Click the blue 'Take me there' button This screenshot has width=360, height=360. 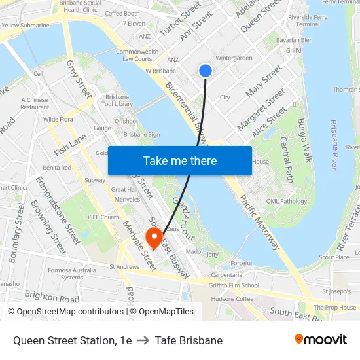click(x=180, y=160)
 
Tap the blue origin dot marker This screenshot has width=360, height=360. click(x=206, y=71)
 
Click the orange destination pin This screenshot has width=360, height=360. click(x=154, y=238)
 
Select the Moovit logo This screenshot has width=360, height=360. click(x=320, y=340)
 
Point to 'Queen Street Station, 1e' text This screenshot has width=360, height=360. click(x=73, y=340)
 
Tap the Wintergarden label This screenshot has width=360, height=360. click(x=234, y=58)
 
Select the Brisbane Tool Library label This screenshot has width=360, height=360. click(x=117, y=101)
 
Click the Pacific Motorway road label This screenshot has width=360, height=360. click(x=261, y=223)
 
